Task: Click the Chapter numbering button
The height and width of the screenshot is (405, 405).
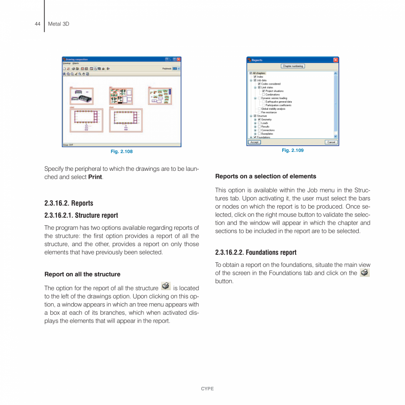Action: (x=293, y=66)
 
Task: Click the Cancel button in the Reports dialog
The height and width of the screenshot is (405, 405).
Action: (x=331, y=142)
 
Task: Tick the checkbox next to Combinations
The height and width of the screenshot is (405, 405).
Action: (x=264, y=95)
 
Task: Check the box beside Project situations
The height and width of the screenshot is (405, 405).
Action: (x=264, y=91)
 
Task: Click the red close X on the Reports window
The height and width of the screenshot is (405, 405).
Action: (x=336, y=60)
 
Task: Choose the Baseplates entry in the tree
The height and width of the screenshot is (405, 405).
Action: (x=267, y=133)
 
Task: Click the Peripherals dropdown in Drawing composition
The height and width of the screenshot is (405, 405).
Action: (x=175, y=69)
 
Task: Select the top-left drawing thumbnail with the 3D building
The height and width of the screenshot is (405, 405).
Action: (x=81, y=96)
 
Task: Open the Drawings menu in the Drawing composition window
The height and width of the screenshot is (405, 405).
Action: (x=66, y=63)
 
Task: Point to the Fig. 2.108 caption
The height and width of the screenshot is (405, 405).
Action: (x=121, y=151)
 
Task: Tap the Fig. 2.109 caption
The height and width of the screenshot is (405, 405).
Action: (x=293, y=151)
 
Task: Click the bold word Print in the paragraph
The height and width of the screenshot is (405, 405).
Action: (x=95, y=177)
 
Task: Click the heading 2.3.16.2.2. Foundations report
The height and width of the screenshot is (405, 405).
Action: (x=256, y=252)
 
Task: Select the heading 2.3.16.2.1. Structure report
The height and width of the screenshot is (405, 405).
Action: (x=81, y=215)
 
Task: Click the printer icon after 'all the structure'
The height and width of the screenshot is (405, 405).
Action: (x=166, y=287)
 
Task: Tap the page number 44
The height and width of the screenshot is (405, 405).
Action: (x=37, y=24)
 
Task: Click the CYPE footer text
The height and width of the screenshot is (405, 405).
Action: (x=207, y=389)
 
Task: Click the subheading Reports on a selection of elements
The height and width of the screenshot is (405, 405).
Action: (x=265, y=177)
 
